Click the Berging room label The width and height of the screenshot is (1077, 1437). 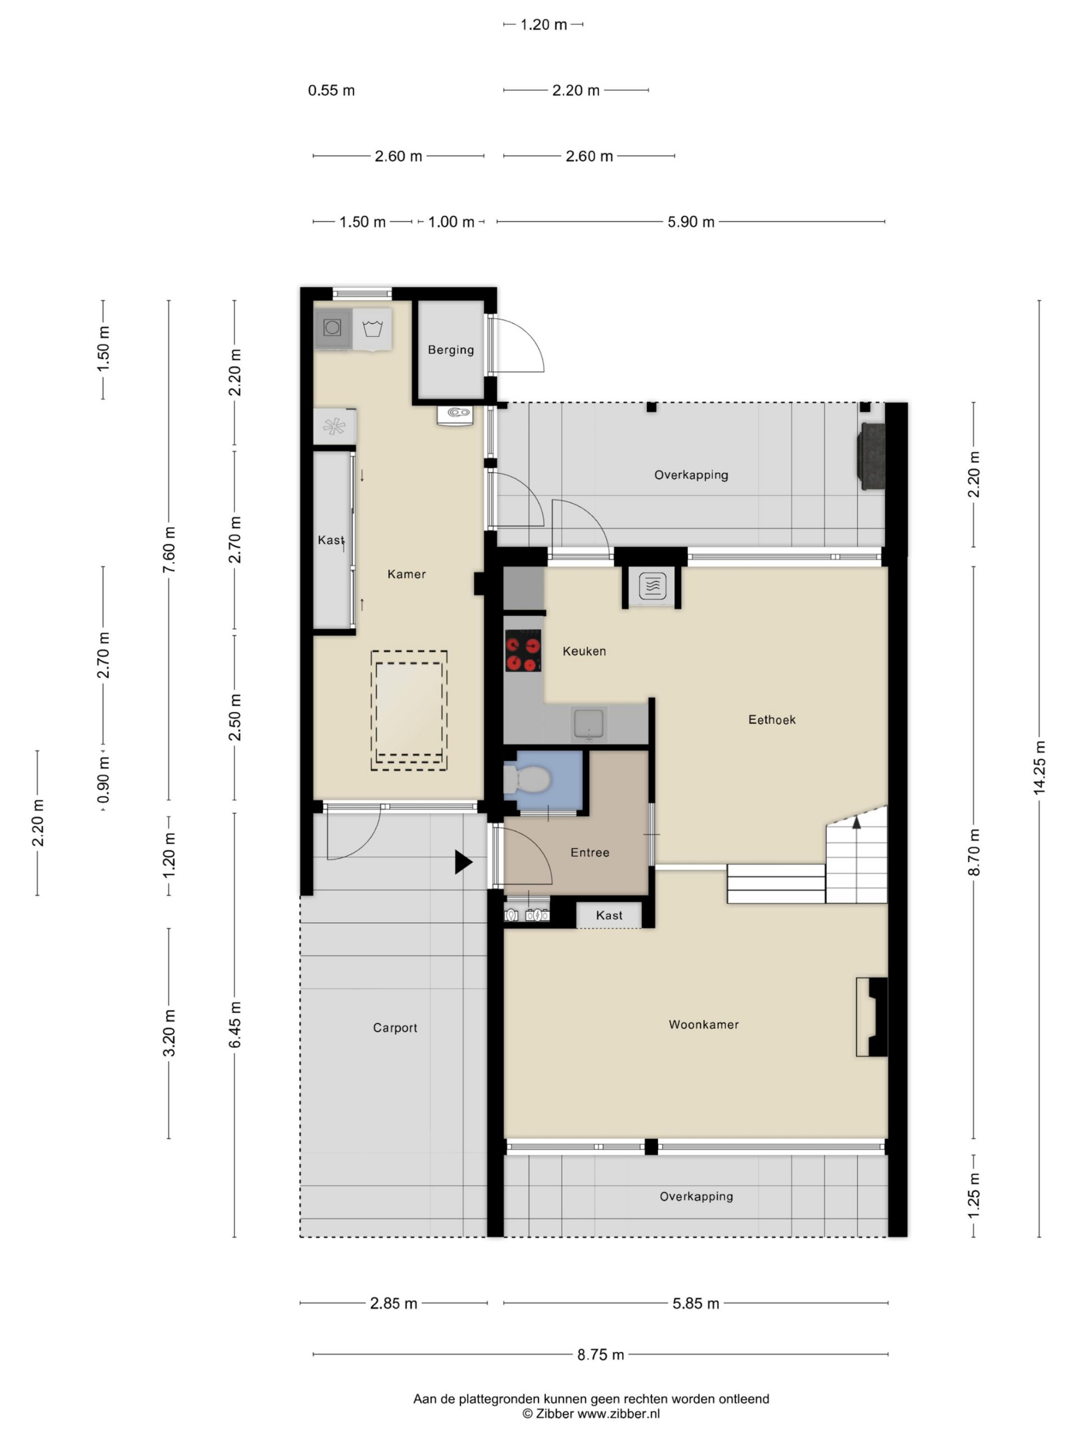[450, 350]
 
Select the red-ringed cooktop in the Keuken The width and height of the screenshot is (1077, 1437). [523, 650]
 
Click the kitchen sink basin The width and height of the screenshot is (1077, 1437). [589, 724]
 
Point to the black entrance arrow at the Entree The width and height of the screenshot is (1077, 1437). [463, 862]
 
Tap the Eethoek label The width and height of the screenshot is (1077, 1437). [772, 719]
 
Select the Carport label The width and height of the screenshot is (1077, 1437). [395, 1028]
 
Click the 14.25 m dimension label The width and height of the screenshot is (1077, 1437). [1039, 767]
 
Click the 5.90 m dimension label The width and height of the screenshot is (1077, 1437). [691, 222]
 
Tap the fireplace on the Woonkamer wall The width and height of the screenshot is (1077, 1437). [872, 1017]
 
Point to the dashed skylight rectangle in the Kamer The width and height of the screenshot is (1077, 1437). [409, 711]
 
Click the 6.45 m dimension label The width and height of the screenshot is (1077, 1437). [235, 1024]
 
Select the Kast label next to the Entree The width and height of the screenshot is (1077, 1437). [609, 916]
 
